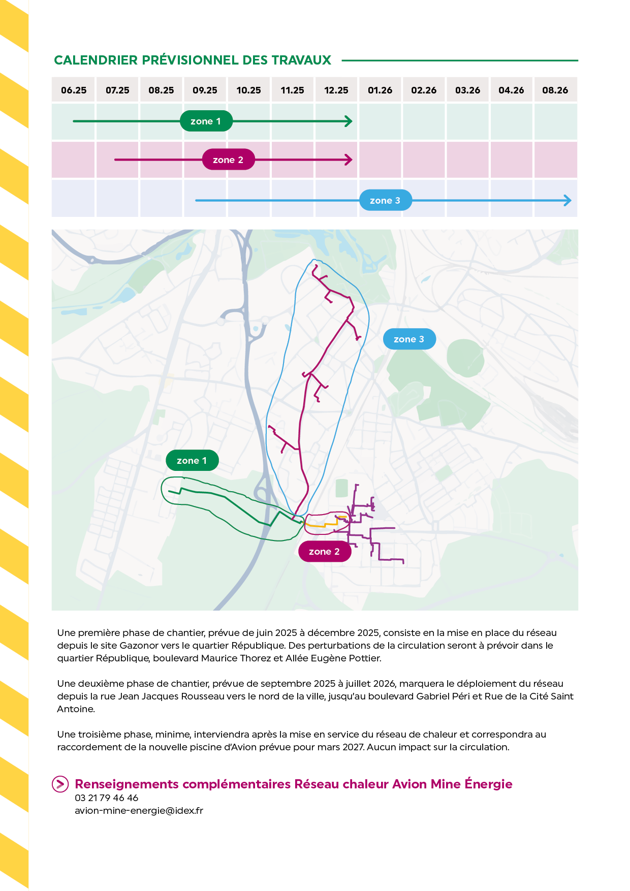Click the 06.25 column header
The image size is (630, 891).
click(74, 90)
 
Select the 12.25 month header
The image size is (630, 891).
click(336, 90)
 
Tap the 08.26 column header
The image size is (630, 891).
click(555, 90)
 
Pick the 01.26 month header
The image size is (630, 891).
click(380, 90)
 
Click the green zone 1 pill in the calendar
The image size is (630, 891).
click(206, 121)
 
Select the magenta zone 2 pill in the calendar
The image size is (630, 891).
click(228, 160)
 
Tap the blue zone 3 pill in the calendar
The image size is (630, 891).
click(385, 201)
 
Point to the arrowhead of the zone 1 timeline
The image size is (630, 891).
click(349, 121)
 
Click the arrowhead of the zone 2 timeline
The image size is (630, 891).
click(349, 160)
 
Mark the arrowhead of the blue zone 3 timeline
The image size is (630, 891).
click(568, 201)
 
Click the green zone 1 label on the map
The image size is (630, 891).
click(192, 461)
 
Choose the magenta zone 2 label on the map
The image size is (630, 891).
click(324, 552)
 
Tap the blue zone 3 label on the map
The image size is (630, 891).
click(409, 339)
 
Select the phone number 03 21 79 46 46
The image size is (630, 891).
click(107, 798)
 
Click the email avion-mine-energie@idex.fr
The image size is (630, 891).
click(139, 811)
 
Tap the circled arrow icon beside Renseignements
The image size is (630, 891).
click(60, 784)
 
